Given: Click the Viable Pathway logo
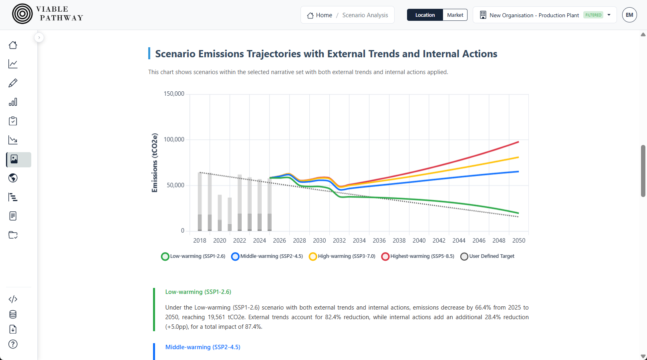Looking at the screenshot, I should pyautogui.click(x=47, y=14).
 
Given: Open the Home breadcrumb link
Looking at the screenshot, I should pyautogui.click(x=320, y=15).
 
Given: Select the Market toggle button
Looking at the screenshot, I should pyautogui.click(x=455, y=15).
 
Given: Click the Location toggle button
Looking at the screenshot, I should pyautogui.click(x=425, y=15).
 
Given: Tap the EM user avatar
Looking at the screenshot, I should pyautogui.click(x=629, y=15).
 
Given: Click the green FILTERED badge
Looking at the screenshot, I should pyautogui.click(x=593, y=15).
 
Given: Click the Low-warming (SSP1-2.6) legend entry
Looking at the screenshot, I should pyautogui.click(x=193, y=256).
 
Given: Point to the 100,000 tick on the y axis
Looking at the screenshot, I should pyautogui.click(x=174, y=139).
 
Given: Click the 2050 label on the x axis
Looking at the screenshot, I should pyautogui.click(x=518, y=241).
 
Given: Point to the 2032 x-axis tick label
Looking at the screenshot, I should pyautogui.click(x=339, y=241).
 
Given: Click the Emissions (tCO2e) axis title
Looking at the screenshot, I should pyautogui.click(x=155, y=163).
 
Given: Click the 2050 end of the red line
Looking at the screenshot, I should pyautogui.click(x=518, y=142).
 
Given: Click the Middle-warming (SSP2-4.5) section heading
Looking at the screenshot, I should pyautogui.click(x=203, y=347).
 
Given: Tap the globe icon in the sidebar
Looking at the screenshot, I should pyautogui.click(x=13, y=178).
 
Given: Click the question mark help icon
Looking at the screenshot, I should pyautogui.click(x=13, y=344).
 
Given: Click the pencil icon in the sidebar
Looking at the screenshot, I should pyautogui.click(x=13, y=83).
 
